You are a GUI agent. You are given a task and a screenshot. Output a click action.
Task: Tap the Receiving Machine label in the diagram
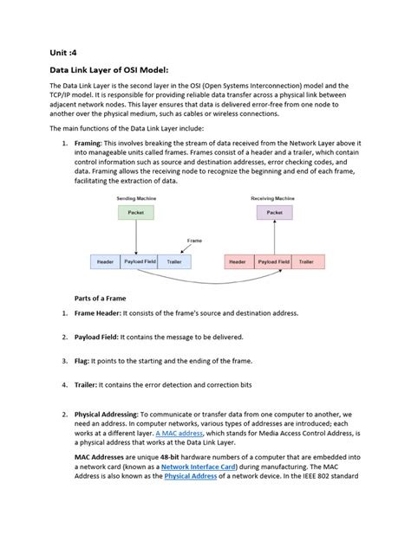pyautogui.click(x=274, y=199)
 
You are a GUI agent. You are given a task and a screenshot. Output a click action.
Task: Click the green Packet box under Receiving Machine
pyautogui.click(x=274, y=212)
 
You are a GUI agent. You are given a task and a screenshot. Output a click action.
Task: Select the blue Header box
pyautogui.click(x=105, y=261)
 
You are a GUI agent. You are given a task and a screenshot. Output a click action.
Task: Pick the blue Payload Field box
pyautogui.click(x=139, y=261)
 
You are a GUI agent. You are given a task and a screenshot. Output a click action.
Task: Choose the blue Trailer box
pyautogui.click(x=173, y=261)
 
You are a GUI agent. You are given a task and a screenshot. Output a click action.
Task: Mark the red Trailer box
pyautogui.click(x=307, y=261)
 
